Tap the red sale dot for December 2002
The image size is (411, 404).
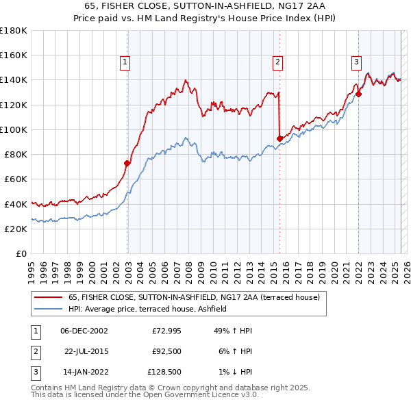point(127,163)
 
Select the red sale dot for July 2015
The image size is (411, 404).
point(279,138)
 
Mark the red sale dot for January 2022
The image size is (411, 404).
point(358,94)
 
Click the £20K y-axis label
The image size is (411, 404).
point(16,229)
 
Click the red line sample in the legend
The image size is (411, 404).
point(49,297)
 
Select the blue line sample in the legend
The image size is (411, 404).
point(49,309)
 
